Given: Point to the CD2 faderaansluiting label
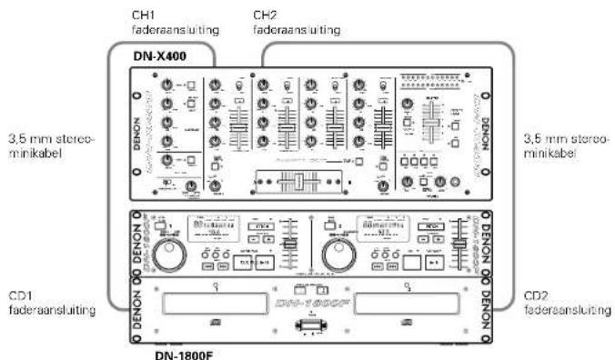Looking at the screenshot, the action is coord(564,302).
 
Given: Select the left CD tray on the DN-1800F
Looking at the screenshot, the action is coord(212,305).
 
